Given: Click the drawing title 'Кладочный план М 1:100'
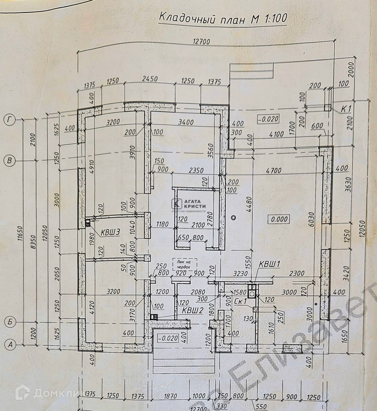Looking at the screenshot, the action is coord(223,18).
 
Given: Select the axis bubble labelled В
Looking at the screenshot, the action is coord(9,161).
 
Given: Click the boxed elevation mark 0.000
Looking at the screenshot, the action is coord(279,219).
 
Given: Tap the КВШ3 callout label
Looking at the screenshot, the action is coord(111,232).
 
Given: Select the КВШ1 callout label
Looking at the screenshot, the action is coord(270,264).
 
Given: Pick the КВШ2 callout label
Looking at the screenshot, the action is coord(193,310).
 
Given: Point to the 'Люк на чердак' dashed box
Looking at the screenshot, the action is coord(184,264).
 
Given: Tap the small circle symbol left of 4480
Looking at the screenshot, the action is coord(233,218).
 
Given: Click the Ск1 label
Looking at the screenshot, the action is coord(241,302).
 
